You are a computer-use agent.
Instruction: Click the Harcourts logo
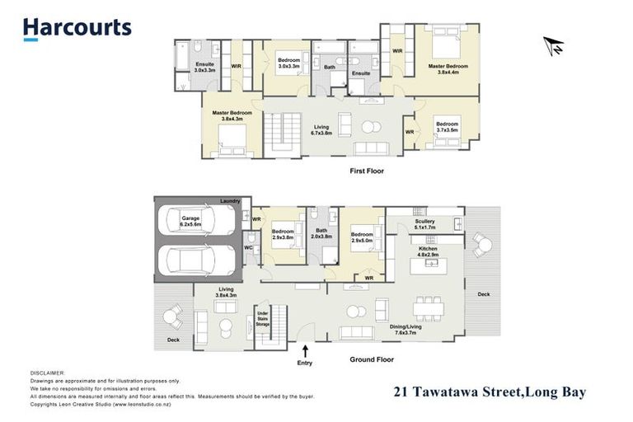pos(77,28)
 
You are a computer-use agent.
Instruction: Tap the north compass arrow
pos(554,45)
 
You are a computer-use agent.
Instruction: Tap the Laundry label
pos(230,201)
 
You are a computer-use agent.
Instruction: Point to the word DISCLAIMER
pos(47,373)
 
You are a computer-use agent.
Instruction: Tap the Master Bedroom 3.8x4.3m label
pos(232,116)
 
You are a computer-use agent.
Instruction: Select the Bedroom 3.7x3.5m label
pos(448,127)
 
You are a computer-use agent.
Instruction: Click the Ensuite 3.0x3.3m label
pos(204,68)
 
